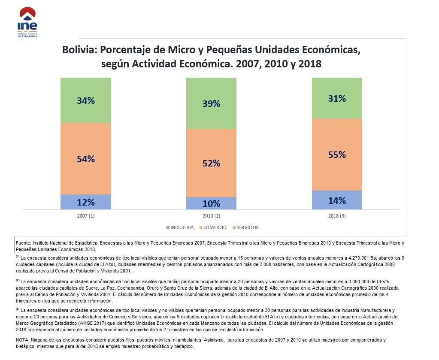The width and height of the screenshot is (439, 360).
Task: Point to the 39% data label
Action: pyautogui.click(x=211, y=103)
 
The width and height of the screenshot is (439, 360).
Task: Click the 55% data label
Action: pyautogui.click(x=337, y=154)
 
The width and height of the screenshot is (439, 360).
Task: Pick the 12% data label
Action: pyautogui.click(x=86, y=202)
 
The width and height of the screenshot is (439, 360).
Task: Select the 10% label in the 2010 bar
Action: pyautogui.click(x=211, y=203)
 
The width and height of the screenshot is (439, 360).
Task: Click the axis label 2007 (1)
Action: pyautogui.click(x=86, y=216)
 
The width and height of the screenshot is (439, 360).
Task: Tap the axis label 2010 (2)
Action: pyautogui.click(x=211, y=216)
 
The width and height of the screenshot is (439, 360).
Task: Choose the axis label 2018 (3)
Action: pyautogui.click(x=337, y=216)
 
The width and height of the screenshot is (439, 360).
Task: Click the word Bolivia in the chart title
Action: pyautogui.click(x=80, y=50)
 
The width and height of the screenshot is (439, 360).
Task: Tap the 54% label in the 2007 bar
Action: pyautogui.click(x=86, y=159)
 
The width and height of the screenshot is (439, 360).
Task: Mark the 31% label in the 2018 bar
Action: pyautogui.click(x=337, y=98)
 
